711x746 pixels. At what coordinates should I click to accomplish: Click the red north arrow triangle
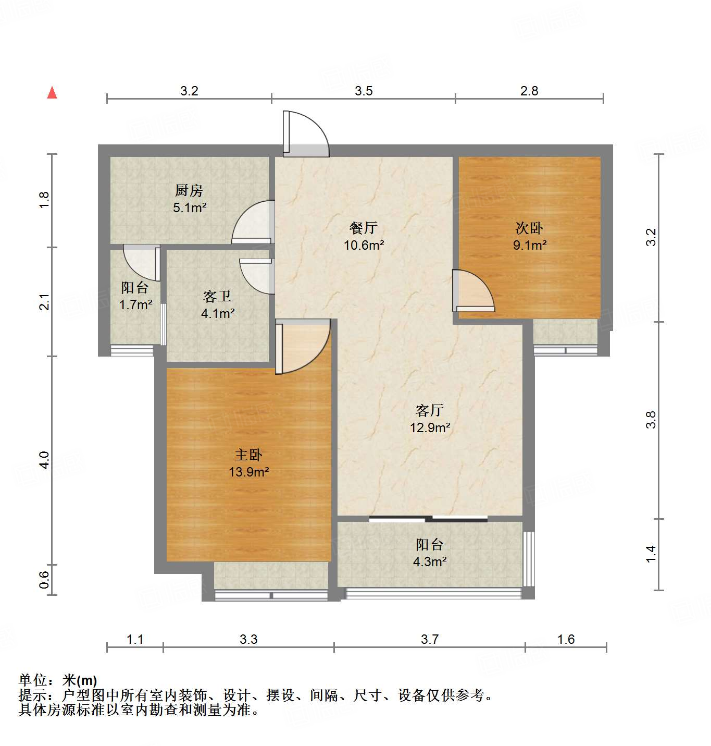(52, 93)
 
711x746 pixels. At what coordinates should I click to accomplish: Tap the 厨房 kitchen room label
(189, 190)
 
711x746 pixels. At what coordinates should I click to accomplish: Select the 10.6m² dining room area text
(364, 245)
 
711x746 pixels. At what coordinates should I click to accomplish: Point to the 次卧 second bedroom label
(529, 228)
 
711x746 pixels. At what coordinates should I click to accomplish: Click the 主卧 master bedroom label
(248, 455)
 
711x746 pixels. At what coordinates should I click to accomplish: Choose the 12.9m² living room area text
(430, 428)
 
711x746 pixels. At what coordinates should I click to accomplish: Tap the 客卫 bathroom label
(217, 296)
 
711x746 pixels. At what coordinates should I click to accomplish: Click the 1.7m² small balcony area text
(135, 304)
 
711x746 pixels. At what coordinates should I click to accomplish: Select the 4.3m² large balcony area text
(430, 562)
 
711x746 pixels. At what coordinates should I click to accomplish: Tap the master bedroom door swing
(303, 346)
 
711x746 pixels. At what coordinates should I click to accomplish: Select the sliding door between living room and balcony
(428, 519)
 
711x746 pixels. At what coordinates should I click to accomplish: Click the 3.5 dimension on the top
(364, 91)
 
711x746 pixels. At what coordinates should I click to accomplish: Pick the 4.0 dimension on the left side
(44, 460)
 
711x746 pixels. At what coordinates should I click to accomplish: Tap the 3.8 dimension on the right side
(651, 420)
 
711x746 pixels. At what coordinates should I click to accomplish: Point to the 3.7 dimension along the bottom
(430, 639)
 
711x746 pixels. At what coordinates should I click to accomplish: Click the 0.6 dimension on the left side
(44, 580)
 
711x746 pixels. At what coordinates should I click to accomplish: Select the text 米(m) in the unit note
(80, 680)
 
